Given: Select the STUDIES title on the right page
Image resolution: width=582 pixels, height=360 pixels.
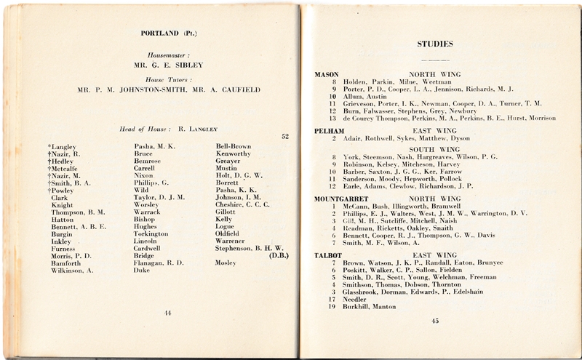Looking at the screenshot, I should pyautogui.click(x=434, y=44).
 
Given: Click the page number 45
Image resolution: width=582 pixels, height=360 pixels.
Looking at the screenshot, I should pyautogui.click(x=435, y=320).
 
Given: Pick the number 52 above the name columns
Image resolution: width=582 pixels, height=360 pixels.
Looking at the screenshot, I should pyautogui.click(x=284, y=136).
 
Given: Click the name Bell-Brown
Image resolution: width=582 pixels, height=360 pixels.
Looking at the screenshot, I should pyautogui.click(x=233, y=146).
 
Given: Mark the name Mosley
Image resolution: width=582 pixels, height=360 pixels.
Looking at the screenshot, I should pyautogui.click(x=227, y=263).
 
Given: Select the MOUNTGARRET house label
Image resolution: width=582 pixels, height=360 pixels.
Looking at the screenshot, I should pyautogui.click(x=340, y=199).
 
